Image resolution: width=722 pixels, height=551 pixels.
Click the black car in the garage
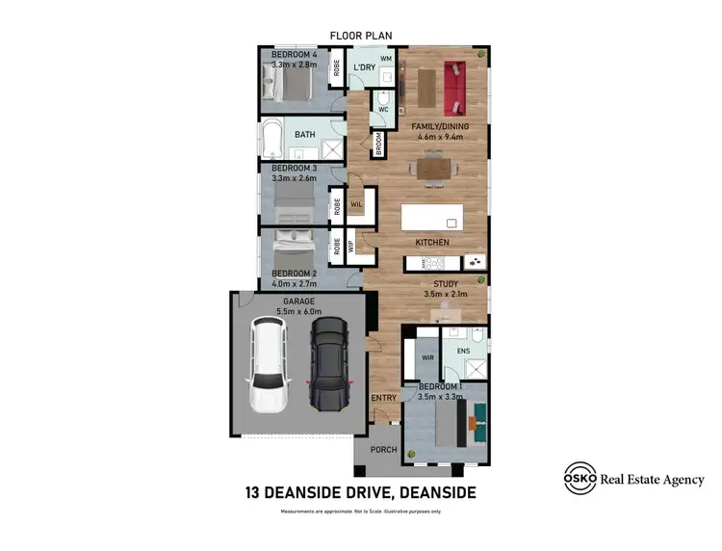pos(328,364)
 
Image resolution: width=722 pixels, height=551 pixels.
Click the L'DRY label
pos(364,67)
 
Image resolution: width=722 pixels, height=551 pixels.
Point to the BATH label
pos(305,135)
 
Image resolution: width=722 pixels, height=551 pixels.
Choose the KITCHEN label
pos(432,242)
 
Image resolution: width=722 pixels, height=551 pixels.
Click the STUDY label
pos(444,283)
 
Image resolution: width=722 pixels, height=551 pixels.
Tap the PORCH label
pos(384,449)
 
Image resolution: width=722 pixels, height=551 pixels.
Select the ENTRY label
pos(384,397)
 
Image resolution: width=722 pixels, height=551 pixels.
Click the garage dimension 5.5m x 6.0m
pos(297,311)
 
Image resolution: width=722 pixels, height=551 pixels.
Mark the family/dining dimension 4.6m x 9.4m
pos(440,137)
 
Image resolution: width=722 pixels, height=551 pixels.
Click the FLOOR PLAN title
pos(361,36)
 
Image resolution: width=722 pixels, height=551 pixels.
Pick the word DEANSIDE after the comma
pos(431,492)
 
